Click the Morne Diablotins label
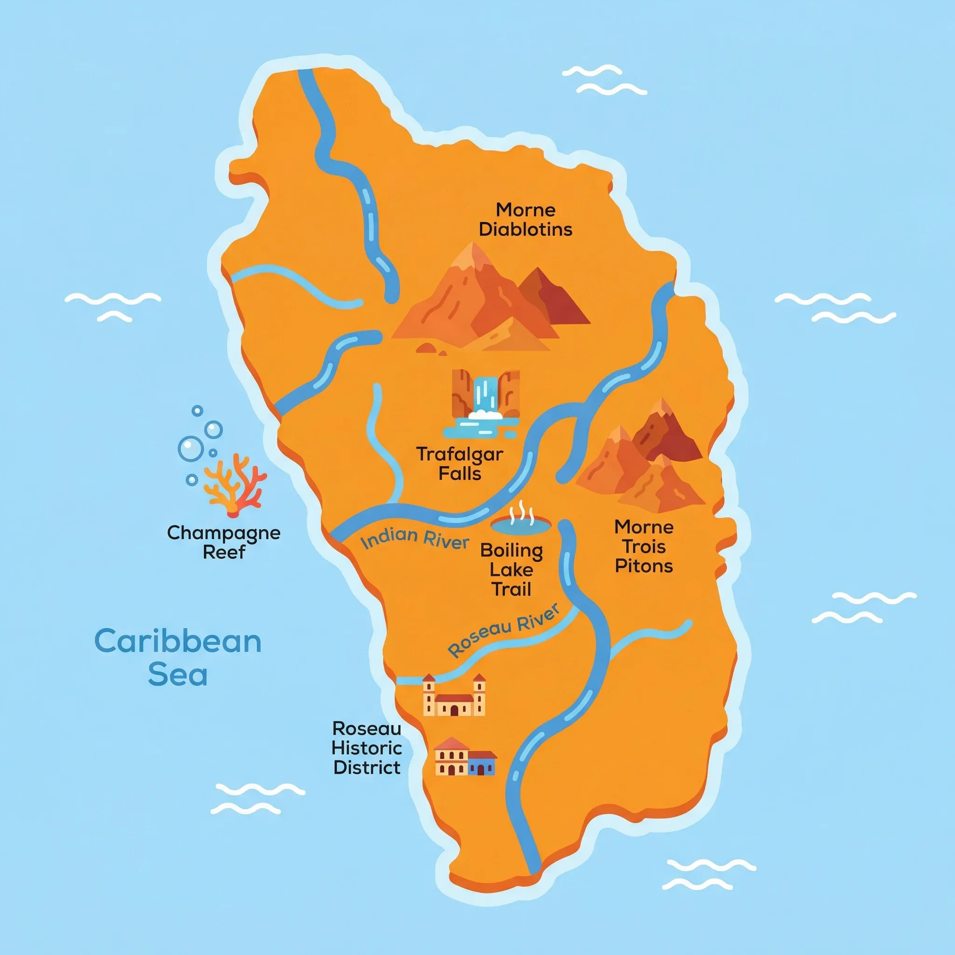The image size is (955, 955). tap(526, 220)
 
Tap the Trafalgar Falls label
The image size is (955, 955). tap(460, 464)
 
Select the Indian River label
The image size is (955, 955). tap(414, 539)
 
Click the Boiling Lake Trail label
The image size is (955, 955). tap(512, 570)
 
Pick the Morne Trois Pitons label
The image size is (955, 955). tap(644, 546)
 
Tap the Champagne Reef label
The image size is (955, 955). tap(224, 542)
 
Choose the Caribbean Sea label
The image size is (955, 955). tap(178, 657)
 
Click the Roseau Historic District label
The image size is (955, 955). tap(367, 748)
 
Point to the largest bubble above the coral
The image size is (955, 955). tap(191, 448)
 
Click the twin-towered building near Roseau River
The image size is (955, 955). tap(454, 695)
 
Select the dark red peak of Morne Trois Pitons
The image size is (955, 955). tap(667, 435)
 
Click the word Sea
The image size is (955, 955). tap(178, 675)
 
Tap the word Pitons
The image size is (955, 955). tap(644, 566)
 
